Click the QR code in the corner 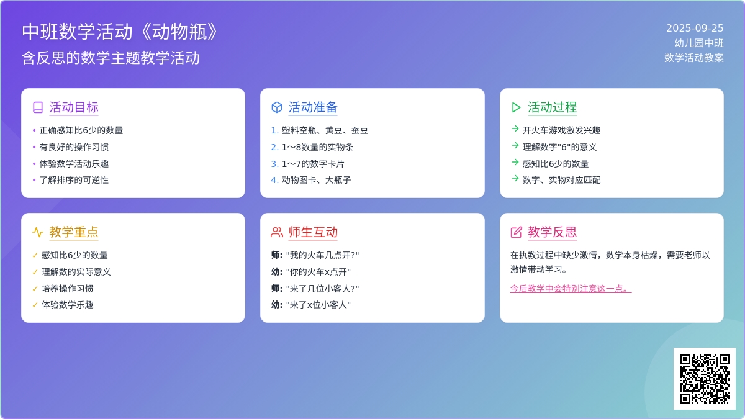[x=705, y=379]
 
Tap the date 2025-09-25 [x=695, y=29]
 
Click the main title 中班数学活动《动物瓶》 [x=120, y=32]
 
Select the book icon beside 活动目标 [x=38, y=107]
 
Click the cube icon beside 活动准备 [x=277, y=107]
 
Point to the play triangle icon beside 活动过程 [x=516, y=107]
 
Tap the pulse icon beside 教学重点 [x=38, y=232]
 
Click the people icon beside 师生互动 [x=277, y=232]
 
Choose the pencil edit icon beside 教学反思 [x=516, y=232]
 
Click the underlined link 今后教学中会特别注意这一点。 [x=571, y=288]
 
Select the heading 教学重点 [x=73, y=232]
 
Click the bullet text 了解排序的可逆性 [x=74, y=180]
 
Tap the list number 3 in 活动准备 [x=274, y=164]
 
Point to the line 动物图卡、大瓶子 [x=316, y=180]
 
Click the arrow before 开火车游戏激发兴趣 [x=515, y=128]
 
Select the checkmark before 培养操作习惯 [x=35, y=289]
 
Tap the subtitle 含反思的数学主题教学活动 [x=111, y=58]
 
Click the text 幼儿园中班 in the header [x=699, y=43]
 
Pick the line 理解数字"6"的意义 [x=559, y=147]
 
